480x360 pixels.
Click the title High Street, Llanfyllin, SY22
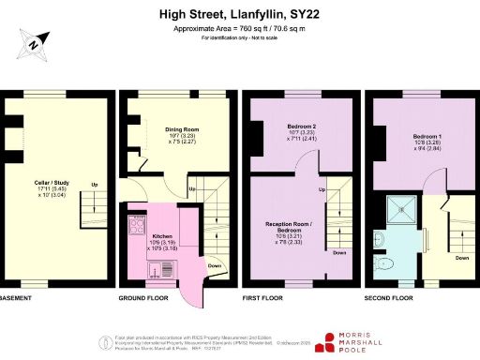240,15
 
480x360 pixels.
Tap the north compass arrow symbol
35,42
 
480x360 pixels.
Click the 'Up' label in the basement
95,185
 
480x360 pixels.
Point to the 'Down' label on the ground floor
213,264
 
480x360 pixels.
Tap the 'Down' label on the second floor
461,257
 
